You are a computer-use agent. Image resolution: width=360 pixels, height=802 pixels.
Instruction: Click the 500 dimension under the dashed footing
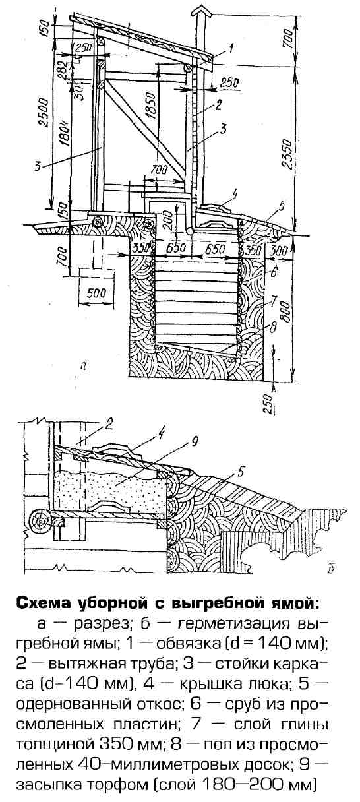tap(97, 293)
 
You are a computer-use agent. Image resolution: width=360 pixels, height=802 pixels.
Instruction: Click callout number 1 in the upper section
tap(231, 48)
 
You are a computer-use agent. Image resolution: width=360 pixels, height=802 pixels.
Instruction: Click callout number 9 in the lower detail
tap(195, 443)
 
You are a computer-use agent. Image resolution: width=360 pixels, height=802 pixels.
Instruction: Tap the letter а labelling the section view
tap(84, 365)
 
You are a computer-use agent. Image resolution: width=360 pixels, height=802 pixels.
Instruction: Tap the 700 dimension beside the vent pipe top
tap(289, 37)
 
